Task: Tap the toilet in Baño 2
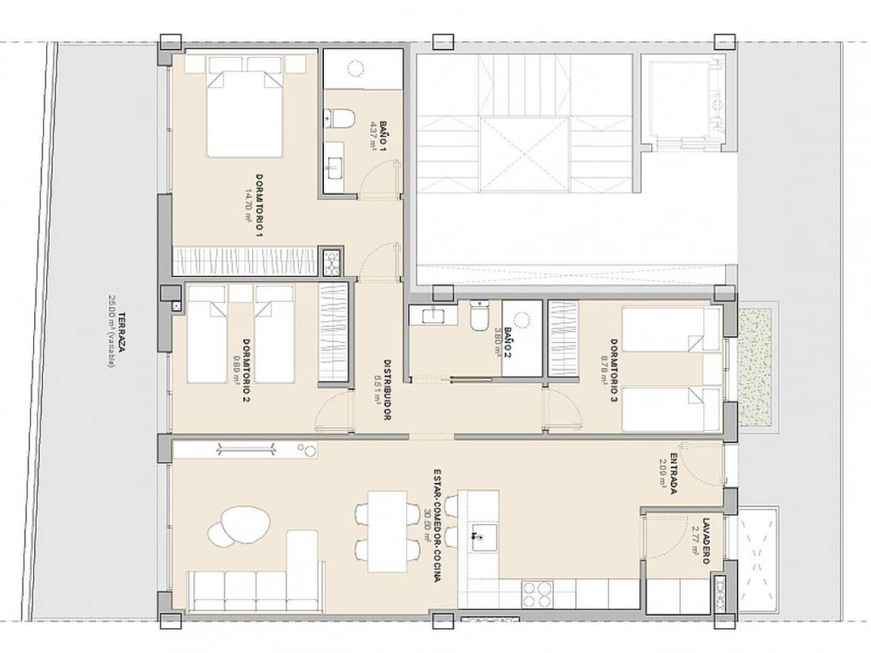480,316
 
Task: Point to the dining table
386,531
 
